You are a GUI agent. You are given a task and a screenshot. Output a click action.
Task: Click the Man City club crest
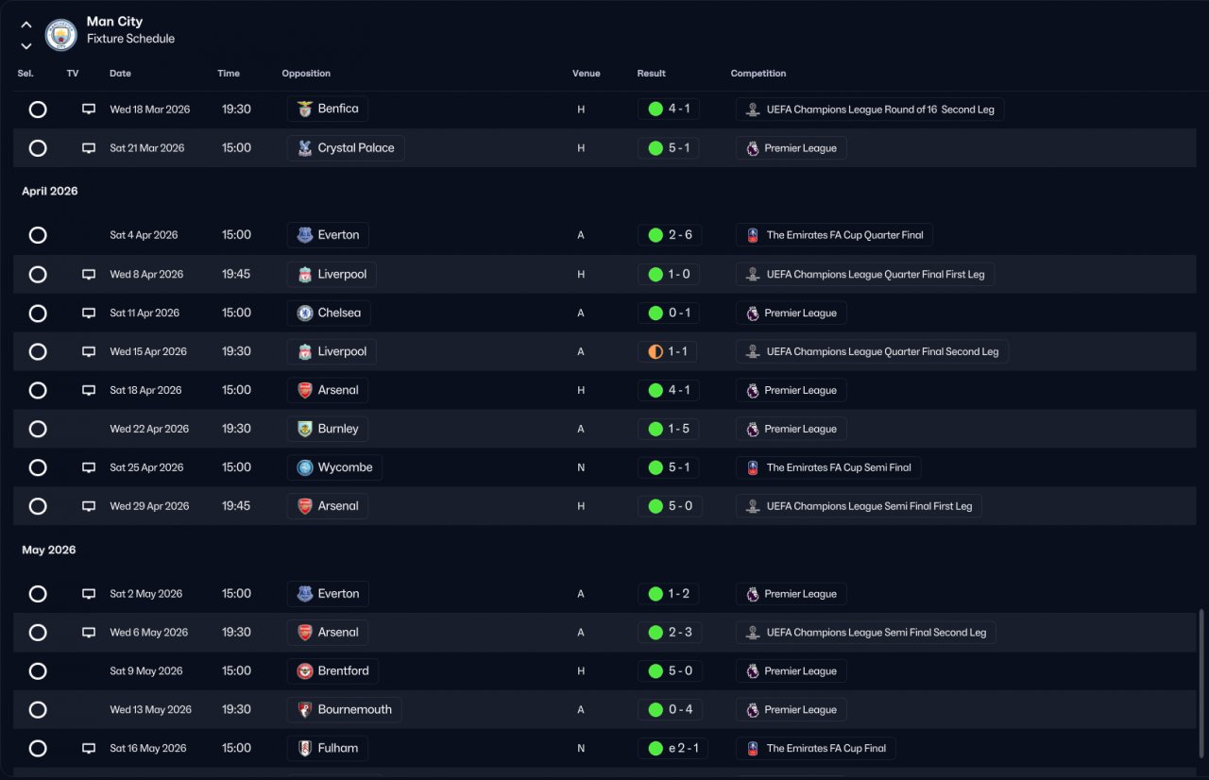pos(60,35)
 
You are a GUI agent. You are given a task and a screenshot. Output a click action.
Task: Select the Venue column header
pos(587,74)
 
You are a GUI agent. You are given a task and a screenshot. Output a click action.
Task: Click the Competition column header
pos(758,74)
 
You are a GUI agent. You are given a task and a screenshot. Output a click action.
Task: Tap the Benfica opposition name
pos(338,109)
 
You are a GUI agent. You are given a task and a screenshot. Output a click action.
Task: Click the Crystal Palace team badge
pos(305,148)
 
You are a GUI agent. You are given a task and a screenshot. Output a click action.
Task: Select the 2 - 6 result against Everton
pos(680,234)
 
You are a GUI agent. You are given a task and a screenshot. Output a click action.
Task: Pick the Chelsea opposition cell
pos(329,313)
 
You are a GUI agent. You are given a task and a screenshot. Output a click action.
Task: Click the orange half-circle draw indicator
pos(656,351)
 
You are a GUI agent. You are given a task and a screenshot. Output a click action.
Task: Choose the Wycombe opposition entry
pos(334,467)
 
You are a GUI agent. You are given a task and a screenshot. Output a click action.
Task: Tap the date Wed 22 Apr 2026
pos(149,429)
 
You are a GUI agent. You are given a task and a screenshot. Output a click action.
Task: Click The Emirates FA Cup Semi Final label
pos(839,467)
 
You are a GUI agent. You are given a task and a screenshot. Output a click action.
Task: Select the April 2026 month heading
pos(50,191)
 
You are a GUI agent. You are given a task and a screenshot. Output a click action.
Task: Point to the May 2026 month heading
pos(48,550)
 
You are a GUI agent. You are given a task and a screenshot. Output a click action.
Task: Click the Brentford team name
pos(343,670)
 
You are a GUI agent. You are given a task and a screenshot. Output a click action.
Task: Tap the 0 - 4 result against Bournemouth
pos(680,709)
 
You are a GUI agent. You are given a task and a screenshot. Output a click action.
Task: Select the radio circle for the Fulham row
pos(38,748)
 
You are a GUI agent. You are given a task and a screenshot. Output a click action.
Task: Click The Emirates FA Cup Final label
pos(826,748)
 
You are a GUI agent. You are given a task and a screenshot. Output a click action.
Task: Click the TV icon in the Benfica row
pos(89,109)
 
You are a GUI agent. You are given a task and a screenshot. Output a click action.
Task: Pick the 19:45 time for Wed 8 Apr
pos(236,274)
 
